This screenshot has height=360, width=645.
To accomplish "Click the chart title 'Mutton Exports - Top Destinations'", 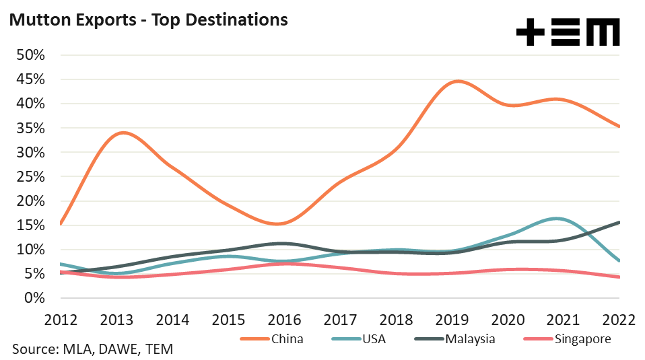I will tap(147, 20).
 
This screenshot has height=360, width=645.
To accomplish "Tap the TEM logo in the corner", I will tap(568, 32).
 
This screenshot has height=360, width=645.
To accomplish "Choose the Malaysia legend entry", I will tap(470, 338).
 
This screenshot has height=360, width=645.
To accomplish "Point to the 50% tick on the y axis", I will tap(30, 55).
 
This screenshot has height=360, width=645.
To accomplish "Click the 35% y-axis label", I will tap(30, 128).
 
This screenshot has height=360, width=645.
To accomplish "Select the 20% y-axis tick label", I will tap(30, 201).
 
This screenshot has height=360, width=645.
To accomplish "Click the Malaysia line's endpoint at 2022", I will tap(619, 222).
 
